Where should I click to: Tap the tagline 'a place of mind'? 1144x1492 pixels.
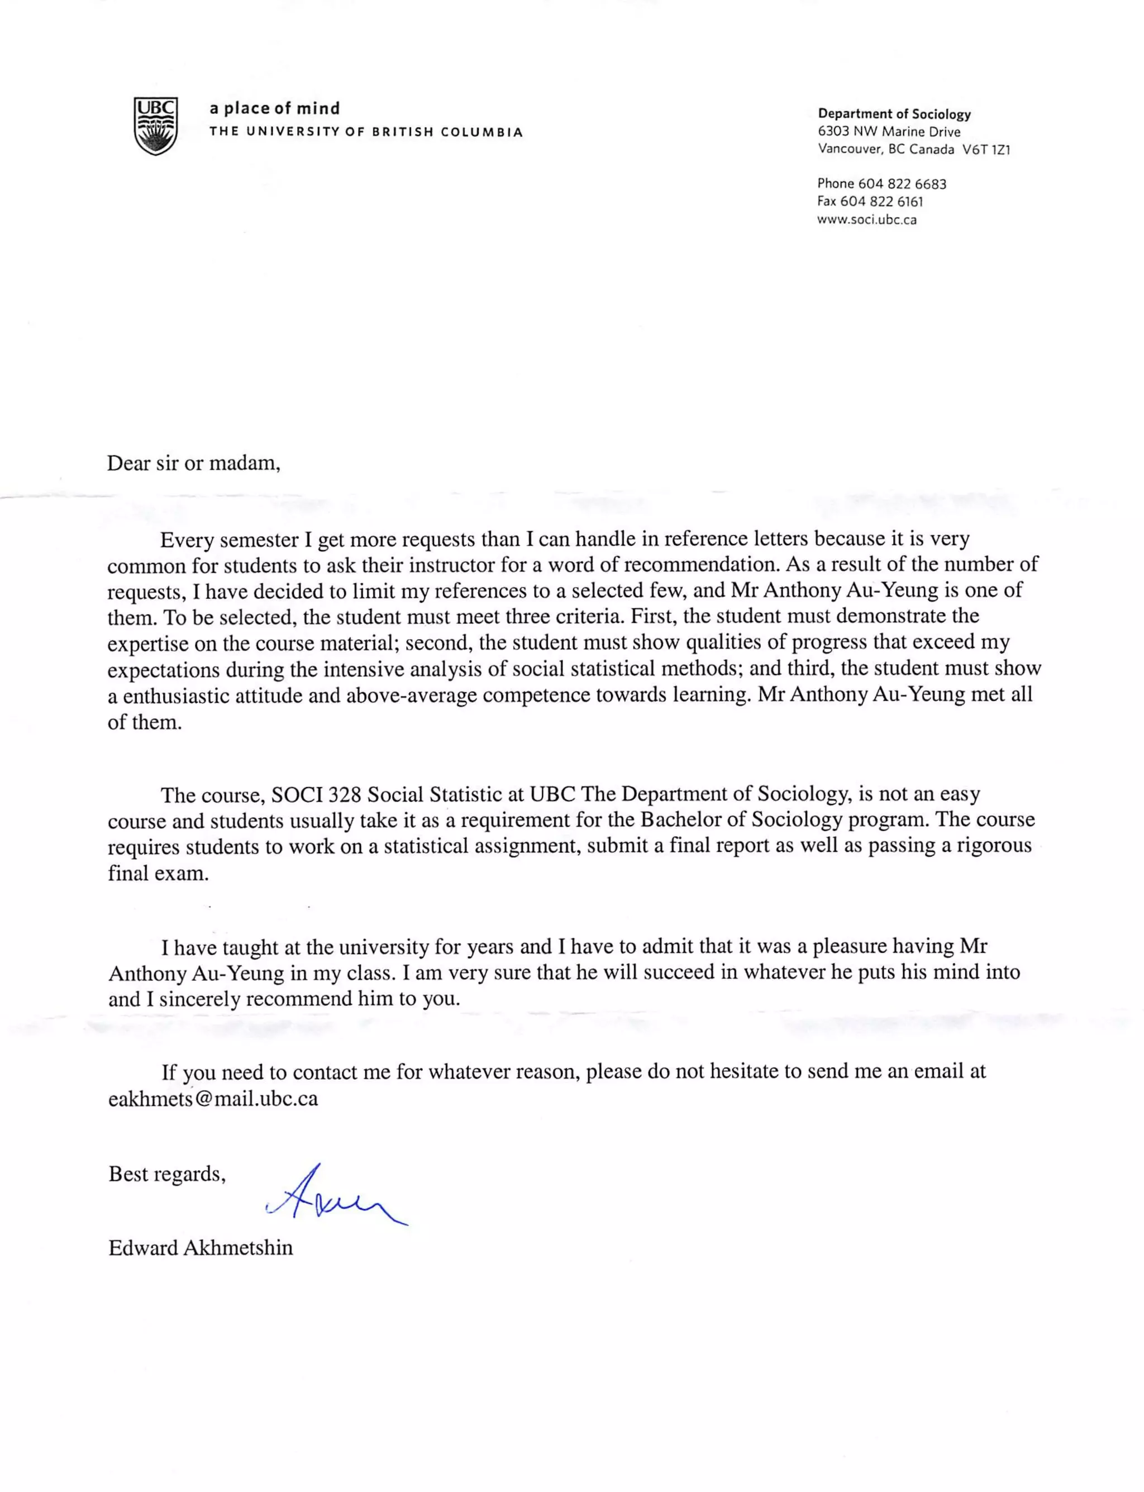click(x=274, y=108)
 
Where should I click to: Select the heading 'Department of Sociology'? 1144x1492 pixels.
click(x=894, y=114)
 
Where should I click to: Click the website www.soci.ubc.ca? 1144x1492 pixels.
click(x=866, y=220)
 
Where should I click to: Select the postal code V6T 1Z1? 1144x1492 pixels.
click(x=985, y=150)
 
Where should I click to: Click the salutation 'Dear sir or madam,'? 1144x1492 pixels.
click(x=193, y=463)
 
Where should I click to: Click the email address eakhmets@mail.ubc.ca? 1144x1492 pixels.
click(x=213, y=1099)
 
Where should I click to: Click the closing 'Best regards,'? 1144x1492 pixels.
click(x=167, y=1174)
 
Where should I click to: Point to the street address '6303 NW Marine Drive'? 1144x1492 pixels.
click(x=889, y=132)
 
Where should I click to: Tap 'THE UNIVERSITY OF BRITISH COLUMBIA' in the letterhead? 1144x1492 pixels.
click(x=366, y=132)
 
